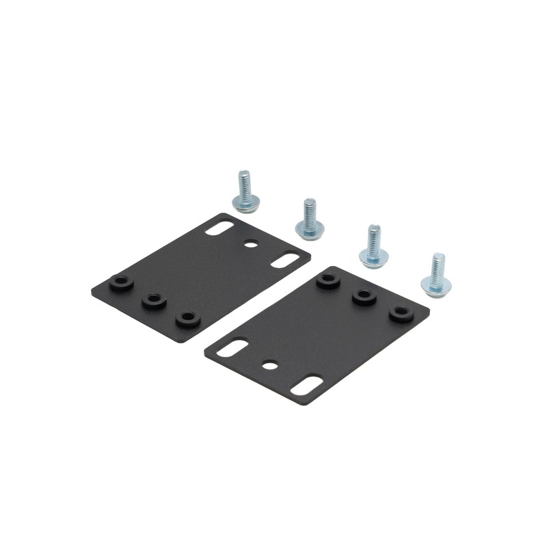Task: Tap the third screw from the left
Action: click(x=373, y=247)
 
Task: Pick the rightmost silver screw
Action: click(x=436, y=274)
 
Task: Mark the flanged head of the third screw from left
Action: click(x=373, y=257)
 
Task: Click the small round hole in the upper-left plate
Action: click(x=251, y=243)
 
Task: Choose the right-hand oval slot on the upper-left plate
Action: click(x=284, y=260)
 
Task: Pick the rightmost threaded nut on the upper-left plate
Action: click(x=187, y=318)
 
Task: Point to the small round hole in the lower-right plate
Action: click(x=271, y=365)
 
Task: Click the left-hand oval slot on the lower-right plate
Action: click(x=232, y=347)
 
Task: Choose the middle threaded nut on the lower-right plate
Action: click(x=364, y=296)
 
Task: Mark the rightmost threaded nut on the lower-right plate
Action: click(x=401, y=313)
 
